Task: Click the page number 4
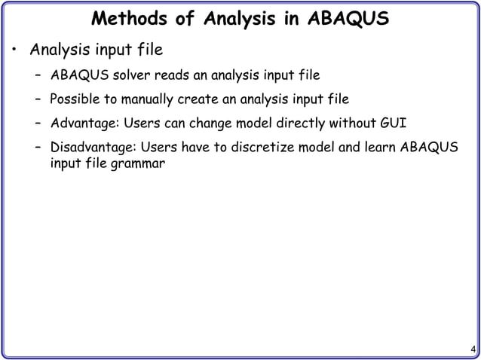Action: [472, 349]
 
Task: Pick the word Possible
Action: [75, 99]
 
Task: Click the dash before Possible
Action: [38, 99]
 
